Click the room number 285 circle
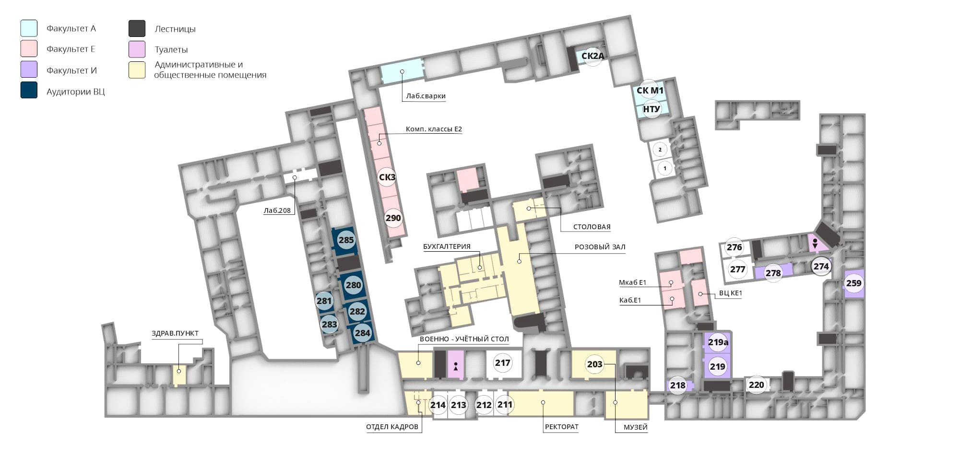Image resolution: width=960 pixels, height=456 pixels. (346, 240)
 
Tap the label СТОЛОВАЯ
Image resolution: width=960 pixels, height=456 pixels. (592, 227)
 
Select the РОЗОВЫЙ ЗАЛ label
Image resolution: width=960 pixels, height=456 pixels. (600, 247)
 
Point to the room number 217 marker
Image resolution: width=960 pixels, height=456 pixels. (502, 363)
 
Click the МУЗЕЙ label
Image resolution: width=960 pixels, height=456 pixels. (636, 427)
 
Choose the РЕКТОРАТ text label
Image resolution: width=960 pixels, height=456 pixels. (561, 427)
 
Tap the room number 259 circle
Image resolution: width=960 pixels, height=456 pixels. (853, 283)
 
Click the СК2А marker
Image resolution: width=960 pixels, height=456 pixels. (593, 56)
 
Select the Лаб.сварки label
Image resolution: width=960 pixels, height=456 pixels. (426, 96)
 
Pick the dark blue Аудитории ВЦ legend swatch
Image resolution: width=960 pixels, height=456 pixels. (29, 90)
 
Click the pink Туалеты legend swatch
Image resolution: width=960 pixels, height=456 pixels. (137, 49)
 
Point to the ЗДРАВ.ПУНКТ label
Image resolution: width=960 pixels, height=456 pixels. (175, 333)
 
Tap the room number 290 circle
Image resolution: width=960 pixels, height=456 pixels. (393, 218)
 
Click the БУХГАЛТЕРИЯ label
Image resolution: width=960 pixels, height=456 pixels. (447, 246)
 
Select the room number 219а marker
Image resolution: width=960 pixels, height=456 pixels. (718, 342)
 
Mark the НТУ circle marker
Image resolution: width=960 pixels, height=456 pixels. (651, 109)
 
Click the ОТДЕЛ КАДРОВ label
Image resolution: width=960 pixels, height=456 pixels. (392, 427)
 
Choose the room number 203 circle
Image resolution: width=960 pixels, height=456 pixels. (594, 364)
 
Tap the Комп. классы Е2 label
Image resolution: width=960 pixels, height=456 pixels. (434, 129)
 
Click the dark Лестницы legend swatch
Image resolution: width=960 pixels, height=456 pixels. (137, 29)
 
